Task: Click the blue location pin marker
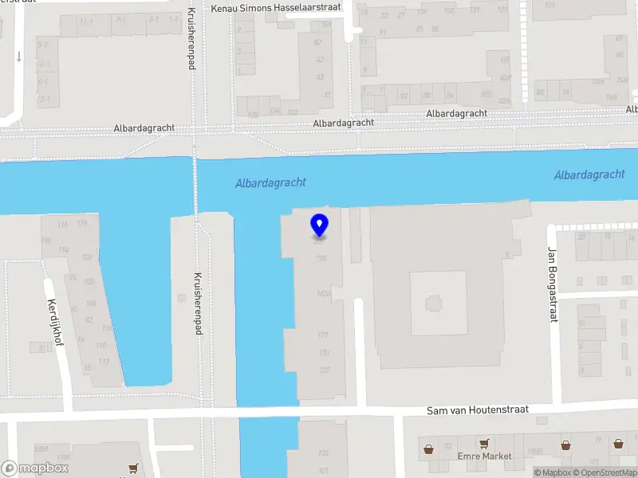click(x=319, y=226)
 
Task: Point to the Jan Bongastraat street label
click(x=551, y=284)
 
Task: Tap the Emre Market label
click(x=484, y=456)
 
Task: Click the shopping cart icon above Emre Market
click(x=483, y=443)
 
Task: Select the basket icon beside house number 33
click(x=431, y=448)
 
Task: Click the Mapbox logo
click(x=35, y=468)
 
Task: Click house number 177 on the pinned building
click(x=323, y=335)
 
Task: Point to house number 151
click(x=324, y=352)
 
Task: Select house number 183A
click(x=323, y=294)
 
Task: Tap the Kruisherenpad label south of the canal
click(x=197, y=303)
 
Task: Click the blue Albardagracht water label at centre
click(x=270, y=183)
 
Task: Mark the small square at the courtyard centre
click(x=434, y=303)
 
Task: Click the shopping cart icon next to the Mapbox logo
click(x=133, y=470)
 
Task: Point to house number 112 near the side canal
click(x=104, y=362)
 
